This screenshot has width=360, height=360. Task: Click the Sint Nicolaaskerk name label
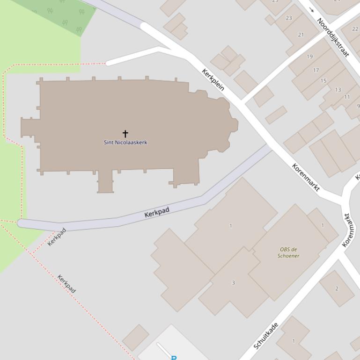(125, 142)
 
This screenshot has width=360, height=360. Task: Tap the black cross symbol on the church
(125, 134)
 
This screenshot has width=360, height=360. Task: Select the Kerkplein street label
(213, 79)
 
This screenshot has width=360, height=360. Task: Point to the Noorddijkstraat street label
(333, 37)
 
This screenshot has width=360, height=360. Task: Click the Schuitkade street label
(265, 336)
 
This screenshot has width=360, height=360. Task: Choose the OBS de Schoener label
(288, 252)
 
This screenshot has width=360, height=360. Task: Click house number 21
(301, 35)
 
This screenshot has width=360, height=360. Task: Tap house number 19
(309, 57)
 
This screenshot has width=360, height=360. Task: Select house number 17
(316, 70)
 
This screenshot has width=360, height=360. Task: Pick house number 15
(323, 80)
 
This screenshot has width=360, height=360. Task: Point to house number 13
(338, 90)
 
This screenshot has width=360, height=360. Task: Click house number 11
(347, 97)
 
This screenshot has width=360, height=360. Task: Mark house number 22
(355, 29)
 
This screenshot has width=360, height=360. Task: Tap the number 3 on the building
(233, 282)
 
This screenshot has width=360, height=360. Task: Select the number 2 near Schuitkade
(336, 288)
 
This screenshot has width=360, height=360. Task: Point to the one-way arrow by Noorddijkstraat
(311, 10)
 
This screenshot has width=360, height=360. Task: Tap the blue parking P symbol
(174, 358)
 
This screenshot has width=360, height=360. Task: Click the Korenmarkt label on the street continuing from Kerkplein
(306, 177)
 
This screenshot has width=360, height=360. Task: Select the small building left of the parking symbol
(135, 338)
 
